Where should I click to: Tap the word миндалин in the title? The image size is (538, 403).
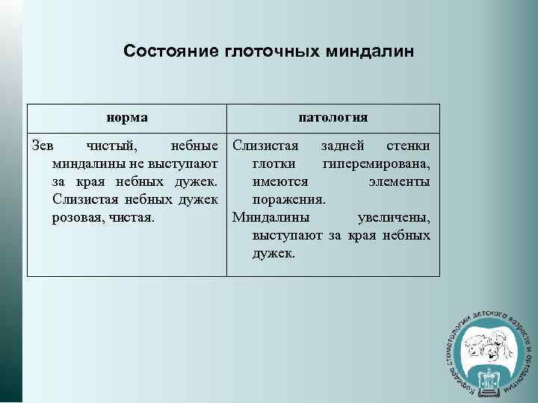[370, 51]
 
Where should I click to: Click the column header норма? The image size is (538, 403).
[126, 117]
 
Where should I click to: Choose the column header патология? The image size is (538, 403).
[333, 117]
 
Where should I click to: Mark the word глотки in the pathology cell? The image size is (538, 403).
[273, 163]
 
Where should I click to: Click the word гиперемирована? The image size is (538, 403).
[376, 163]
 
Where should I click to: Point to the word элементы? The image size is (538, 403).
[399, 181]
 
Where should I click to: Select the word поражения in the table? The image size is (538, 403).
[288, 199]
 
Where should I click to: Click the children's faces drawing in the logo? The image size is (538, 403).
[486, 344]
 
